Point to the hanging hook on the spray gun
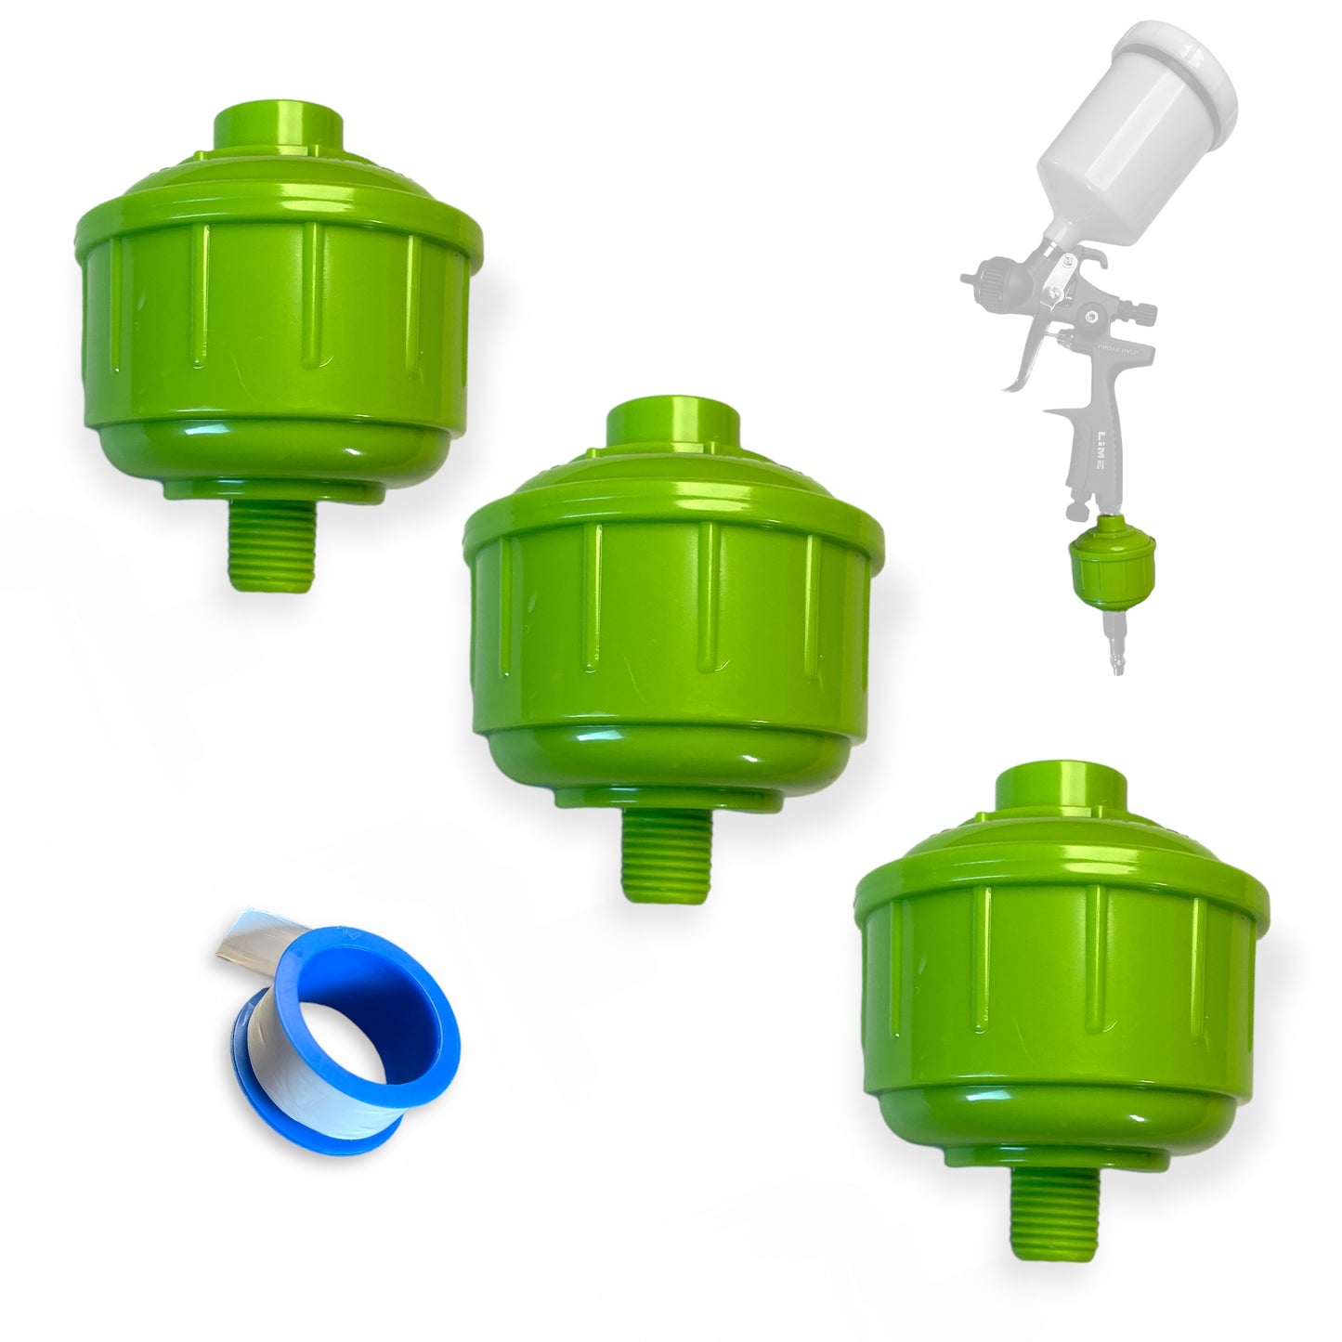(x=1077, y=509)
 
